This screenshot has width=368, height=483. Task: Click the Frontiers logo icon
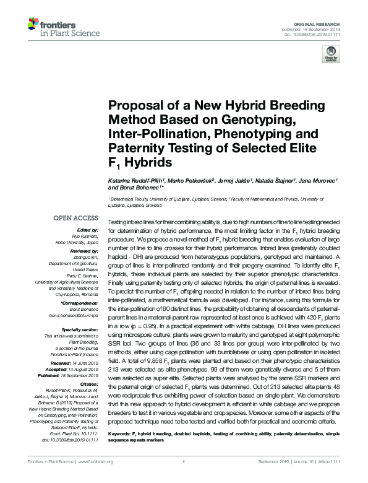34,25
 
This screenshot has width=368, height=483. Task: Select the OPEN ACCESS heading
75,218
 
